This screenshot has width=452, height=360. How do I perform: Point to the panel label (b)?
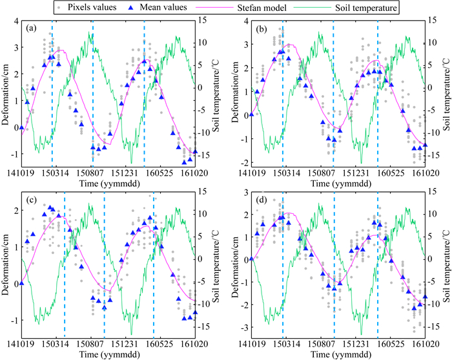(x=261, y=29)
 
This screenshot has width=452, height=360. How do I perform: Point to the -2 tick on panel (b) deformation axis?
(x=240, y=162)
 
